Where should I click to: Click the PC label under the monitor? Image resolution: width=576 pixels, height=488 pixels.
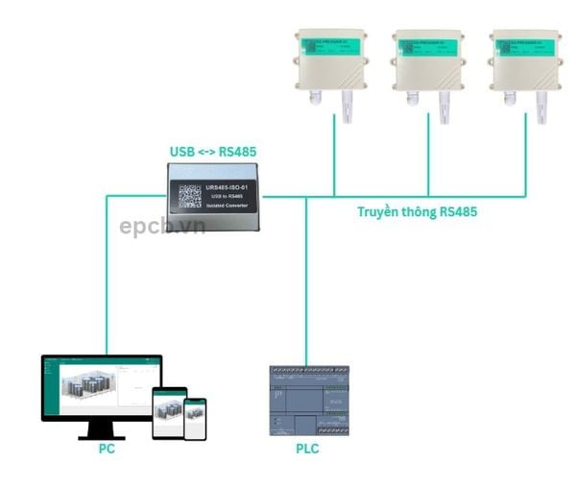pos(107,449)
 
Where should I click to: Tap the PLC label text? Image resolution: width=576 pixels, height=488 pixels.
pos(307,449)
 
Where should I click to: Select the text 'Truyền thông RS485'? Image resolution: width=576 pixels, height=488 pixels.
pos(417,212)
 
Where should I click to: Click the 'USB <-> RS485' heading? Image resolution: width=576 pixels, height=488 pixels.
pos(213,152)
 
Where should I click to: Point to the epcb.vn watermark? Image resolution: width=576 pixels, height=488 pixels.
pos(162,227)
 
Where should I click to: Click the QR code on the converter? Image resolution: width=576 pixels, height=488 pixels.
pos(189,195)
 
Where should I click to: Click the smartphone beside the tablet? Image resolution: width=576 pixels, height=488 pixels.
pos(195,418)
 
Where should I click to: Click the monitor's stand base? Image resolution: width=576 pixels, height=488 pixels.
pos(101,435)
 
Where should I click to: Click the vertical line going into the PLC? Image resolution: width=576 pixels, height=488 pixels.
pos(306,288)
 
